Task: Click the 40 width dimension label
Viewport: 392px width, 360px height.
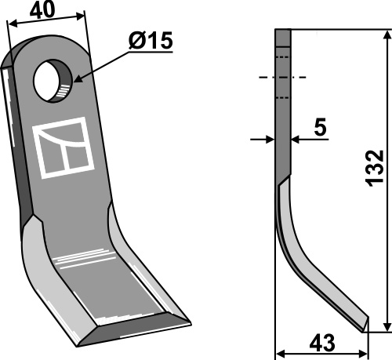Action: [x=42, y=11]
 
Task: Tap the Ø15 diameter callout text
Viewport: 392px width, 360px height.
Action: [x=151, y=41]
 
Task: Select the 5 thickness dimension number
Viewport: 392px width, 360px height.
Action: [x=321, y=127]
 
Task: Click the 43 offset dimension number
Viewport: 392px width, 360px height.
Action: [x=322, y=343]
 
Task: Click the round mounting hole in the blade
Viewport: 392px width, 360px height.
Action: [x=53, y=81]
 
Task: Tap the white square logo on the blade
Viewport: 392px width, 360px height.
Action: [x=63, y=147]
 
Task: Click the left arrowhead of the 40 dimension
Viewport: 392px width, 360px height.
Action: [x=13, y=24]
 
